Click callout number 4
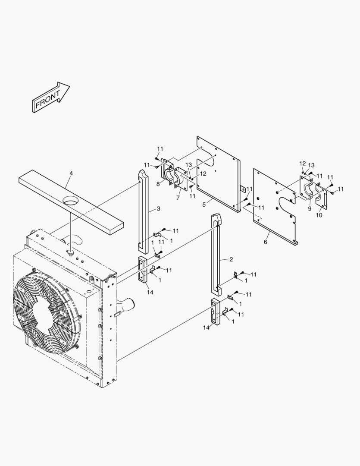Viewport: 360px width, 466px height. [71, 173]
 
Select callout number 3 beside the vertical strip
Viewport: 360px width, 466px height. [158, 209]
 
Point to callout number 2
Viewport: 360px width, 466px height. [231, 259]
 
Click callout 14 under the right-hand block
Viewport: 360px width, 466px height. [206, 328]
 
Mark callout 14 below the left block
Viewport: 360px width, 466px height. [150, 292]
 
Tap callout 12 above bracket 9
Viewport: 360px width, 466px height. [302, 164]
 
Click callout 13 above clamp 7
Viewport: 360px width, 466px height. [188, 165]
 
